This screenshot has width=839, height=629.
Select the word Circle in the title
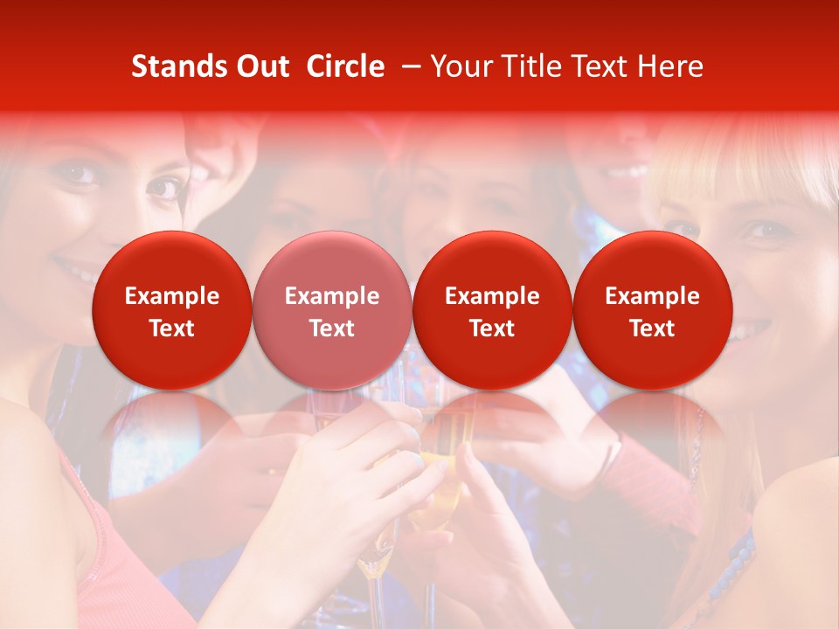[345, 66]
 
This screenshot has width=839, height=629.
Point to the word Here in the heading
[670, 66]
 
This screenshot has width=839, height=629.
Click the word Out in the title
[260, 66]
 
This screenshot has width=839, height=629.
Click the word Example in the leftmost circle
[171, 296]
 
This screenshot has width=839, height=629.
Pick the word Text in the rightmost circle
[652, 328]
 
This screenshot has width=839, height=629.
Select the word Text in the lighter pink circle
[332, 328]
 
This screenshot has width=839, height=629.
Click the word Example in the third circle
[492, 296]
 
